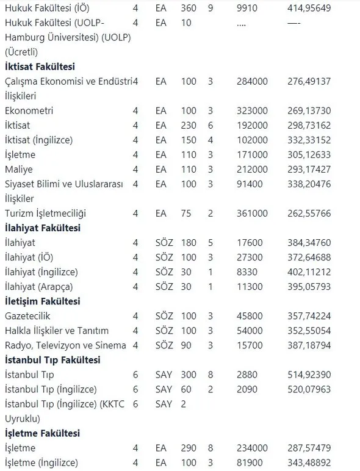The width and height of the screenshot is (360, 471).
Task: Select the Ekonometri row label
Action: tap(29, 110)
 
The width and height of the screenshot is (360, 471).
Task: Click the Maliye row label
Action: tap(18, 169)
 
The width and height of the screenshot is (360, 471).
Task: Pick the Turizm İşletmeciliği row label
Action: tap(46, 213)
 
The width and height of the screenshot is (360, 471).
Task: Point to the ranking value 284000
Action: tap(253, 81)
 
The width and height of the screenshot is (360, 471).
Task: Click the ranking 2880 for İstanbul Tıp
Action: tap(247, 375)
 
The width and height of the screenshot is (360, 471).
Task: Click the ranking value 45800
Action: tap(250, 316)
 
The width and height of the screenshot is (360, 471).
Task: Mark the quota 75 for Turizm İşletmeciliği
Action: tap(186, 213)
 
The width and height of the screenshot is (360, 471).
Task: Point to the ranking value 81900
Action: tap(250, 462)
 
